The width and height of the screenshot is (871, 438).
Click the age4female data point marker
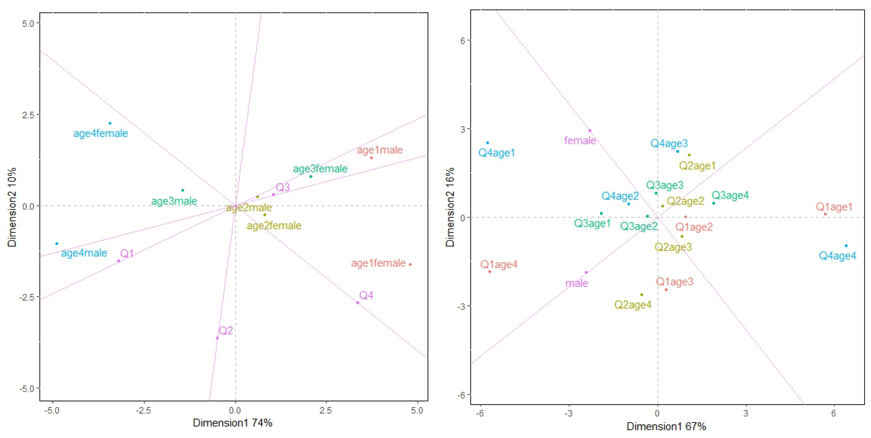(x=110, y=123)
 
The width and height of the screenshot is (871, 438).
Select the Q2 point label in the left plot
(x=226, y=330)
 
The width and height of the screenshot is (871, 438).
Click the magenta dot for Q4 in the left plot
(x=357, y=303)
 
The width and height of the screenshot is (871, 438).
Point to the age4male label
(x=84, y=253)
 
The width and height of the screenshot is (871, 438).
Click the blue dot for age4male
(x=57, y=243)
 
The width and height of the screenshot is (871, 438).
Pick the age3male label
(x=174, y=201)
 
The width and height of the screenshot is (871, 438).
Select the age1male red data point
(x=371, y=158)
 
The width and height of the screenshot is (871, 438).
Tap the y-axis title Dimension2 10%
(x=12, y=207)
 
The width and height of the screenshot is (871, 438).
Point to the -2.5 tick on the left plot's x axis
(x=143, y=410)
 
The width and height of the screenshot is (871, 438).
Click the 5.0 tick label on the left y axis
(x=28, y=23)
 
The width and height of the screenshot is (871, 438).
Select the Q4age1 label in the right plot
(x=496, y=153)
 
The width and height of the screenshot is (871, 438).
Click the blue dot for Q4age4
(x=846, y=246)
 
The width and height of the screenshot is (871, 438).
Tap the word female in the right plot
(x=580, y=140)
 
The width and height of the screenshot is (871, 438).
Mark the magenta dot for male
(x=586, y=272)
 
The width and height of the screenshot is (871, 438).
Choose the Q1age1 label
(x=834, y=207)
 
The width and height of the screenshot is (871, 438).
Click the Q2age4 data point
(x=641, y=295)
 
